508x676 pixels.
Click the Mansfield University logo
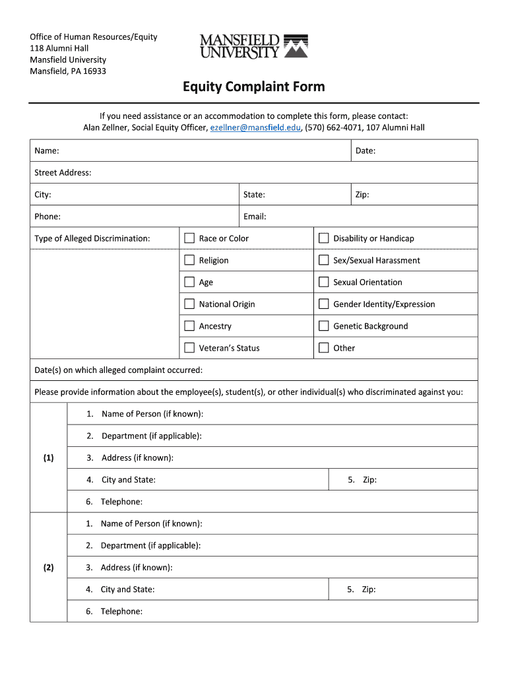253,46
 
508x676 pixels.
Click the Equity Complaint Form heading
253,87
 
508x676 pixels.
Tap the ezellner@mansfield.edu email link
255,127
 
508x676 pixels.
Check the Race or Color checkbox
189,238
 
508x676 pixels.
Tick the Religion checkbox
189,260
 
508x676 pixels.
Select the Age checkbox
189,282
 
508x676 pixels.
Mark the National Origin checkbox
189,304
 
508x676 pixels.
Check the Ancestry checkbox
189,325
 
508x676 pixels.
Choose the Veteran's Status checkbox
189,347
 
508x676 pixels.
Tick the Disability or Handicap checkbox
323,238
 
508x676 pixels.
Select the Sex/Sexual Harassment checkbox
323,260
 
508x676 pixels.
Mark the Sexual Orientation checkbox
323,282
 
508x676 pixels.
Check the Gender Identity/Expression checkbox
323,304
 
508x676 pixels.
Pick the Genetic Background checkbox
323,325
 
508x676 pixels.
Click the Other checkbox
323,347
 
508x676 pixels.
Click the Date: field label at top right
365,151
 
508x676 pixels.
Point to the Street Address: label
63,173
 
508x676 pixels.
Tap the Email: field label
255,217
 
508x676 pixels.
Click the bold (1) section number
49,457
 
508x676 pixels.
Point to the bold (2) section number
49,567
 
